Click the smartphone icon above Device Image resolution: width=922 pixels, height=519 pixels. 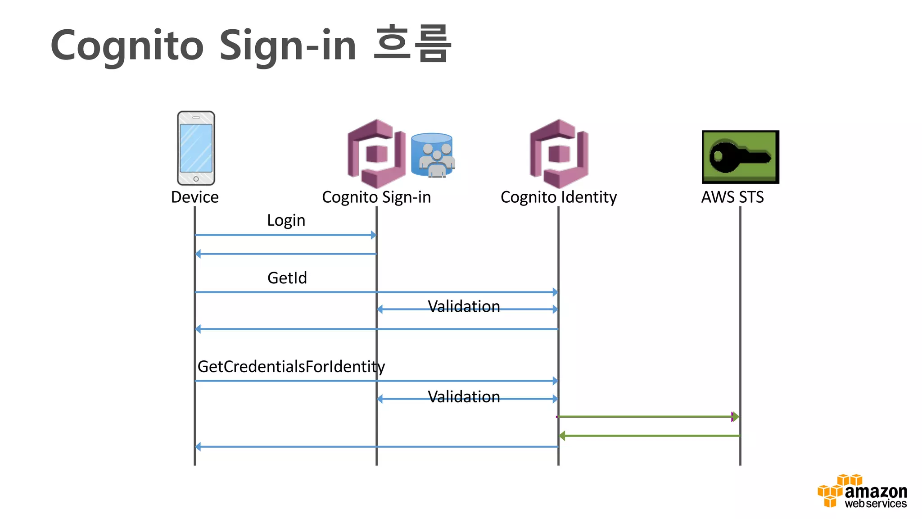[196, 148]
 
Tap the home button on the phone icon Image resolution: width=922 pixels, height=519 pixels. [196, 179]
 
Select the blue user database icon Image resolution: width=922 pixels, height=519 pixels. [432, 155]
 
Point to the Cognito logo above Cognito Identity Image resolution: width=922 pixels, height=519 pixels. [559, 154]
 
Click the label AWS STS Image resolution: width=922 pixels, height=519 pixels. [732, 197]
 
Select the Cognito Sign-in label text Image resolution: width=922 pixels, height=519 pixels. [376, 197]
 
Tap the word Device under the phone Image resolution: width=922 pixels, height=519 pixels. [194, 197]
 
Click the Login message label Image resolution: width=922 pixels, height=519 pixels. [286, 220]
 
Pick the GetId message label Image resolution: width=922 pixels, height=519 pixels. [287, 278]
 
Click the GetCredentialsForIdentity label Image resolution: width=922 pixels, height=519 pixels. [291, 367]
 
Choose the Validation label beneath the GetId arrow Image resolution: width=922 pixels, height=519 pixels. [464, 306]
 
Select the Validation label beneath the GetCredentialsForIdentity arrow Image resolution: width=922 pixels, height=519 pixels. [464, 396]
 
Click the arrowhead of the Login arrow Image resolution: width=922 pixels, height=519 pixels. [373, 235]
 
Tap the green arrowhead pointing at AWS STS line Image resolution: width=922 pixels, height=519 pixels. [735, 417]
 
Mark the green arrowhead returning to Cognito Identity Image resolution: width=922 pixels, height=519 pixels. [562, 436]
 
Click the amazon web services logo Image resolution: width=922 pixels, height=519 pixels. [862, 492]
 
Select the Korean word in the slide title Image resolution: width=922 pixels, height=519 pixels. [412, 43]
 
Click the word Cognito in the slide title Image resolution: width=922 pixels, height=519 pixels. [127, 46]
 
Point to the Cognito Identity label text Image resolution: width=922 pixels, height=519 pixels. [558, 197]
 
